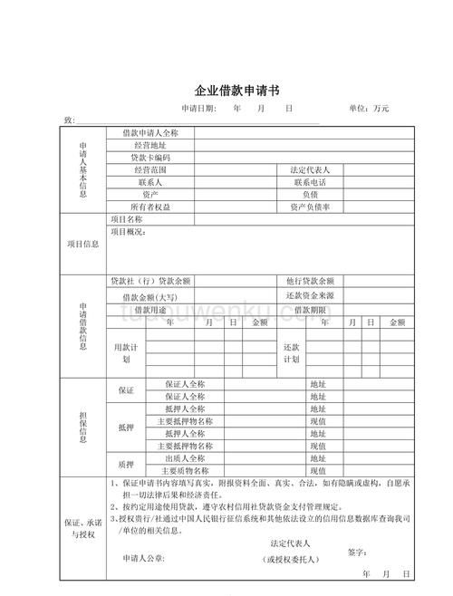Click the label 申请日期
pos(198,109)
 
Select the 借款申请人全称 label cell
pos(149,132)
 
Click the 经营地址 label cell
pos(149,145)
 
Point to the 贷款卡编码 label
pos(149,158)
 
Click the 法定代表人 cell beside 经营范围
pos(310,170)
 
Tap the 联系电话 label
pos(310,182)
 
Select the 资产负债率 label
pos(310,207)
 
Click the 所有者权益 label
pos(149,207)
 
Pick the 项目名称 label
pos(127,219)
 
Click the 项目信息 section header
pos(83,244)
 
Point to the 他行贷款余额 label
pos(310,281)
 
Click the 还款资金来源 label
pos(310,295)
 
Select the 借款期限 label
pos(310,310)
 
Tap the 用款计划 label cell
pos(125,353)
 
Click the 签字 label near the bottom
pos(356,552)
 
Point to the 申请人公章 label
pos(144,559)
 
